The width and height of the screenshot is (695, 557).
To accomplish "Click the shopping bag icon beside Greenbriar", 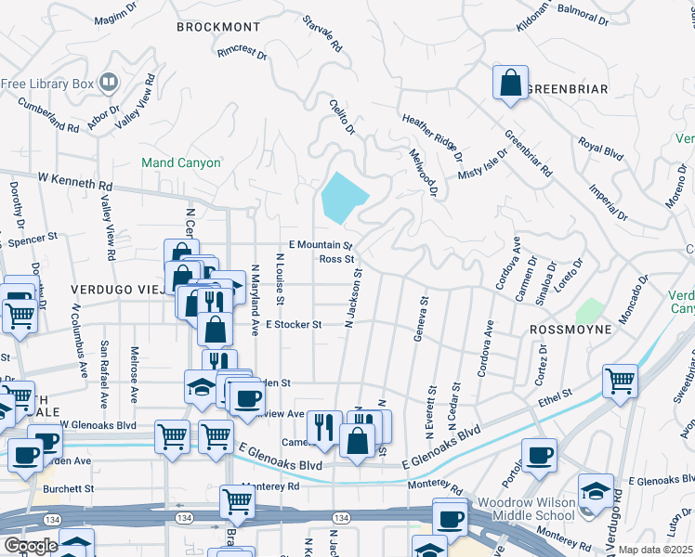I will click(x=510, y=83).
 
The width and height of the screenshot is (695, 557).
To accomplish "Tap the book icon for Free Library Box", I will click(x=109, y=84).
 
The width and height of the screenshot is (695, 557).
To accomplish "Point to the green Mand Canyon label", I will click(x=181, y=162).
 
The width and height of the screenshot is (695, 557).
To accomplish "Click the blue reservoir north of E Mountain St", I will click(x=343, y=196).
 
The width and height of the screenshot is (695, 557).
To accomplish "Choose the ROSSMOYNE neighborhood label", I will click(x=570, y=330).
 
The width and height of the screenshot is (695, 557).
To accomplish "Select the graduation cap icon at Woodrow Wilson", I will click(x=595, y=491).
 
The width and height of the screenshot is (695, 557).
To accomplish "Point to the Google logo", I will click(x=30, y=545).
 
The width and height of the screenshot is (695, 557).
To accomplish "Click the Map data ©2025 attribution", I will click(x=655, y=550).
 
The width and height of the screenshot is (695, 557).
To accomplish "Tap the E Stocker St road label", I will click(x=294, y=325).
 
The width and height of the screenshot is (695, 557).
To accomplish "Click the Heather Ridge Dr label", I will click(x=432, y=131).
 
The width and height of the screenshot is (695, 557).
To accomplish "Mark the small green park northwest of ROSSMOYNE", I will click(x=589, y=310).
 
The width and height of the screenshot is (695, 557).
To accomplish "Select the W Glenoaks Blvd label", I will click(x=98, y=423).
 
